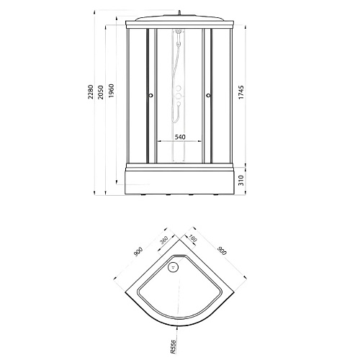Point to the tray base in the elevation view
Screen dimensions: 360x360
180,181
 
